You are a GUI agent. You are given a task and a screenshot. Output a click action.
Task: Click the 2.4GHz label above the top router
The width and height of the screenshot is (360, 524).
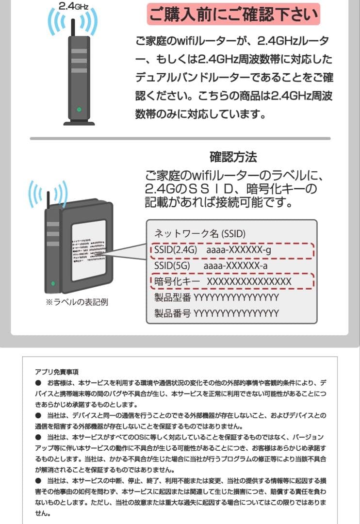72,7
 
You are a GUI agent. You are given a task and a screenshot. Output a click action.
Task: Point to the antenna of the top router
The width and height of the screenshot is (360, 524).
72,27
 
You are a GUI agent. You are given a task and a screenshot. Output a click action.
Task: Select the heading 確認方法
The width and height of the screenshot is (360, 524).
233,157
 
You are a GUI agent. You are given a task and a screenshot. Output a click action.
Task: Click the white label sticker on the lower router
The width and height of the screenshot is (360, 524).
88,252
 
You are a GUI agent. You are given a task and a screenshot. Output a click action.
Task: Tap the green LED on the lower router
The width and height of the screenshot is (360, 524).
53,283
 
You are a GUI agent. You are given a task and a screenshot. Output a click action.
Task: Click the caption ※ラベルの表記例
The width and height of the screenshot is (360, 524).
76,302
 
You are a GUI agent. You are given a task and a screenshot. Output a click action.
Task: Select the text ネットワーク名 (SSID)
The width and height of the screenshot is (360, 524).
200,233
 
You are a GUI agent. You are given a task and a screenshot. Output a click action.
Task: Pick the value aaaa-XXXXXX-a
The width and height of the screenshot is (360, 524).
235,266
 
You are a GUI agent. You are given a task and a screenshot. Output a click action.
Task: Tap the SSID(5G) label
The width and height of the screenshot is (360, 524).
172,266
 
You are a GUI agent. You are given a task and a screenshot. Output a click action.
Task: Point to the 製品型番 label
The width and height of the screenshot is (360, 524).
173,297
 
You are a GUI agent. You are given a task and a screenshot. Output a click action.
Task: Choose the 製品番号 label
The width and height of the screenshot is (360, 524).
173,313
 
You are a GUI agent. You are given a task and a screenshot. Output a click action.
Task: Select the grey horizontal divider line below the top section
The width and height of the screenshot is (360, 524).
180,139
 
